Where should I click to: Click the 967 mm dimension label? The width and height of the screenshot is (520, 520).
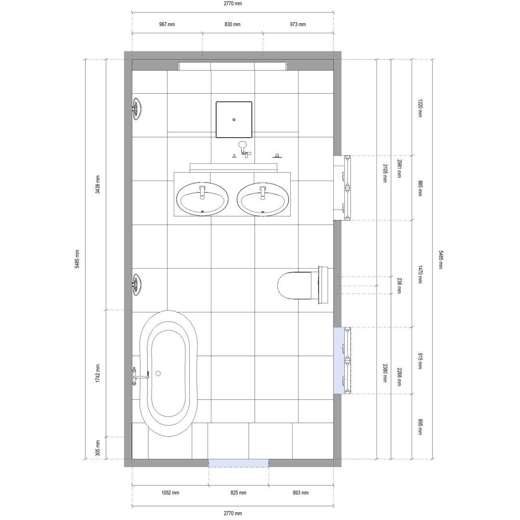pyautogui.click(x=167, y=25)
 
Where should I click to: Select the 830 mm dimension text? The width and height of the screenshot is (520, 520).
pyautogui.click(x=233, y=25)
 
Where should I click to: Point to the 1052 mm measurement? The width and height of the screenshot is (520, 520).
pyautogui.click(x=170, y=493)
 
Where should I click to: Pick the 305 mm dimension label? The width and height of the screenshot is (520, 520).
pyautogui.click(x=98, y=448)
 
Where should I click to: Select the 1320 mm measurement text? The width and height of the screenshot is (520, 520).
pyautogui.click(x=420, y=108)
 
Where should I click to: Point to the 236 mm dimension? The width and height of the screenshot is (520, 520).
pyautogui.click(x=399, y=286)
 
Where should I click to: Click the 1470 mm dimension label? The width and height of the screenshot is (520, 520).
pyautogui.click(x=420, y=274)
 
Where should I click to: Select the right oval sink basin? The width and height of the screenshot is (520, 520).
pyautogui.click(x=263, y=199)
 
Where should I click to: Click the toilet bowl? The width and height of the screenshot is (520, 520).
pyautogui.click(x=295, y=286)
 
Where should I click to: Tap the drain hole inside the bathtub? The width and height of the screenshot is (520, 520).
pyautogui.click(x=158, y=373)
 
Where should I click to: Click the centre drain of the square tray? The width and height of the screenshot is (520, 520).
pyautogui.click(x=234, y=119)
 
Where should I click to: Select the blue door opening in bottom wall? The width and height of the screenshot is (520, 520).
pyautogui.click(x=238, y=463)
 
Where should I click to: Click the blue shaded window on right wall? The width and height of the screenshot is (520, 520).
pyautogui.click(x=338, y=360)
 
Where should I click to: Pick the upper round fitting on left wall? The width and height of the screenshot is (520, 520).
pyautogui.click(x=138, y=108)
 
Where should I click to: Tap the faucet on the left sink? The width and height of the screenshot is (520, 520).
pyautogui.click(x=203, y=191)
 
